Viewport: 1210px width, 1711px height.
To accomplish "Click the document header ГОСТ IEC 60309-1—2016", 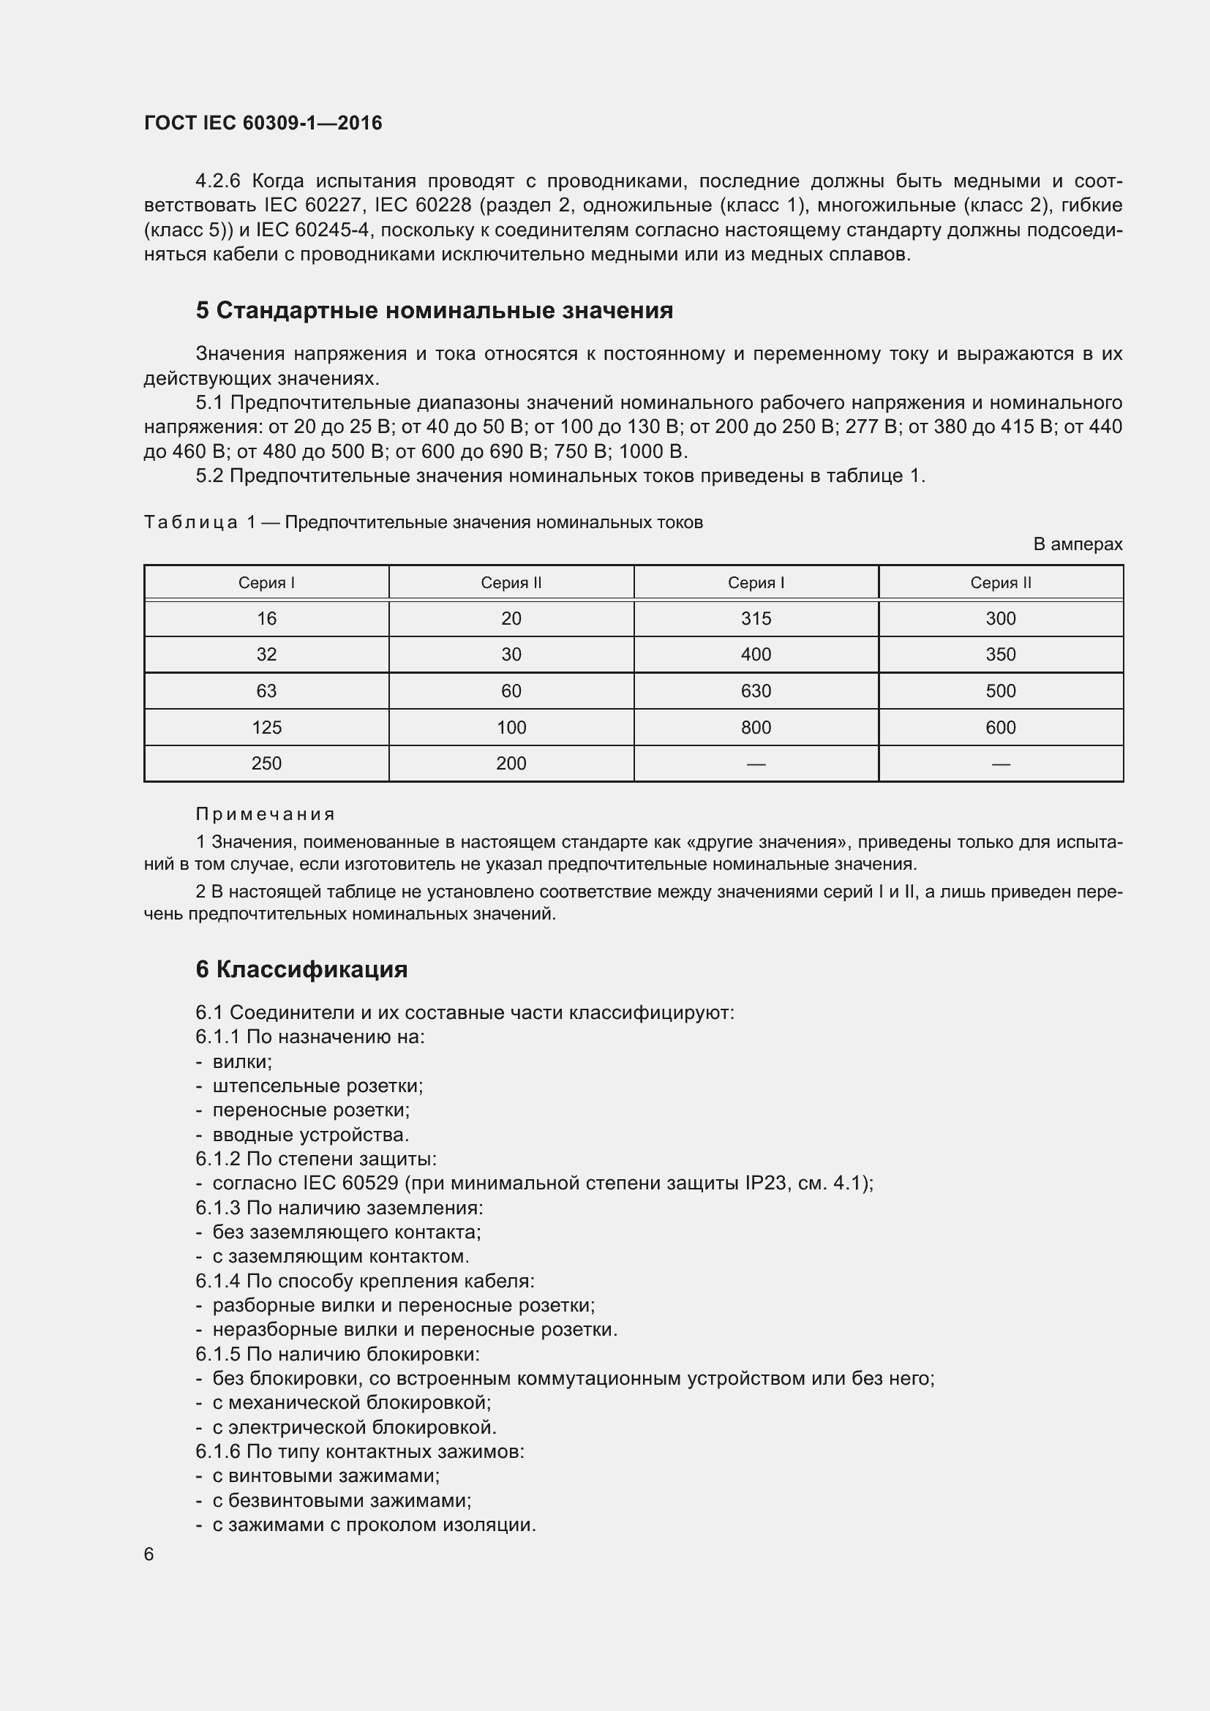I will click(x=263, y=123).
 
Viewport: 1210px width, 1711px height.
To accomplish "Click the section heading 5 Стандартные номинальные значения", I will click(x=435, y=310).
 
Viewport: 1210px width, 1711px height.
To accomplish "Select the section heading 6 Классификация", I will click(x=301, y=969).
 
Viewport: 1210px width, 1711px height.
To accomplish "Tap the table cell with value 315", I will click(x=756, y=619).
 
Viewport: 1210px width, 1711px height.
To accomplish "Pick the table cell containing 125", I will click(x=266, y=727).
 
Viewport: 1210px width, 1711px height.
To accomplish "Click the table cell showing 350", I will click(x=1000, y=654).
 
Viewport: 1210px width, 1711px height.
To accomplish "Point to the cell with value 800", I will click(x=756, y=727).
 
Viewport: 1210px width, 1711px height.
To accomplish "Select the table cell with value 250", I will click(x=266, y=763).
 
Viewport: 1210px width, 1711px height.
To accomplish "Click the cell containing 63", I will click(x=266, y=691).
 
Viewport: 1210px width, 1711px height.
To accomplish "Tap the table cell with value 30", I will click(x=511, y=654).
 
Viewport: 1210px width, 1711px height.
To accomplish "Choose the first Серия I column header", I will click(x=266, y=583).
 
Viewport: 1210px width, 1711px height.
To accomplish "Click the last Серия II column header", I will click(x=1000, y=583).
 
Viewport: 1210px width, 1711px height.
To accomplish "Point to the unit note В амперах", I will click(x=1077, y=545).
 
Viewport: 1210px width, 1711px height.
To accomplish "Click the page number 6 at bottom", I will click(x=149, y=1554).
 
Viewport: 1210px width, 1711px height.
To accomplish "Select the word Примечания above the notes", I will click(x=266, y=813).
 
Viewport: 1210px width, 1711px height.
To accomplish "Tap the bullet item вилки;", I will click(x=242, y=1061).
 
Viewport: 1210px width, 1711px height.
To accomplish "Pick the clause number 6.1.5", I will click(x=217, y=1354).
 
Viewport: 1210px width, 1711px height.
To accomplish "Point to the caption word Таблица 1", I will click(x=199, y=522).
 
